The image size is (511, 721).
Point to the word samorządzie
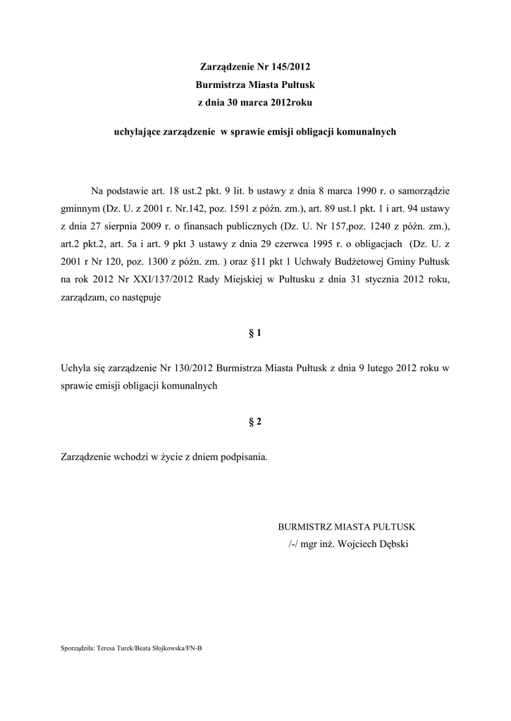tap(421, 191)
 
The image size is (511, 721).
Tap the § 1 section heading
tap(255, 333)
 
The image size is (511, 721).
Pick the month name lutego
tap(364, 368)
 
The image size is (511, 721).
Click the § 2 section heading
tap(255, 421)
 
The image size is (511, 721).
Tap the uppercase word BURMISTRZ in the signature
tap(306, 527)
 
